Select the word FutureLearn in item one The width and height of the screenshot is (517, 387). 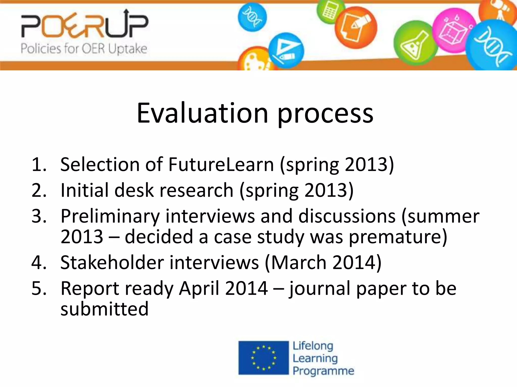coord(221,165)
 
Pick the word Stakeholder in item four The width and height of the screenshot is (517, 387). coord(112,262)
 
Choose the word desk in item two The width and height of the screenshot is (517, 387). coord(134,190)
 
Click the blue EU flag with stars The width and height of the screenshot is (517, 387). coord(263,358)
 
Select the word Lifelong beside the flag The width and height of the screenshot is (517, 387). coord(313,346)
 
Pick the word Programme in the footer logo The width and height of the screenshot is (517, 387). coord(323,371)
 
